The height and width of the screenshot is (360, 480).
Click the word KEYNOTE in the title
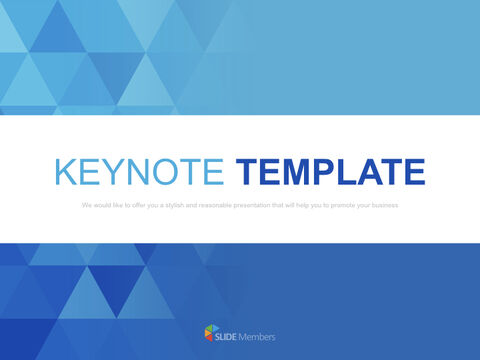coord(139,172)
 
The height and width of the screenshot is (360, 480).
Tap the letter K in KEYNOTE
coord(66,172)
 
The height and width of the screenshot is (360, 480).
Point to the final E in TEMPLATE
coord(413,172)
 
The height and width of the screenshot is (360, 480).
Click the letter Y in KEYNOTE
coord(114,172)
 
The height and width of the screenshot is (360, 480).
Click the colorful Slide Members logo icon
coord(210,334)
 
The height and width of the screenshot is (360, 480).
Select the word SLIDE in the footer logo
coord(230,335)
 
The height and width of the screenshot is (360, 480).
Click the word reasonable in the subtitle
coord(207,205)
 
